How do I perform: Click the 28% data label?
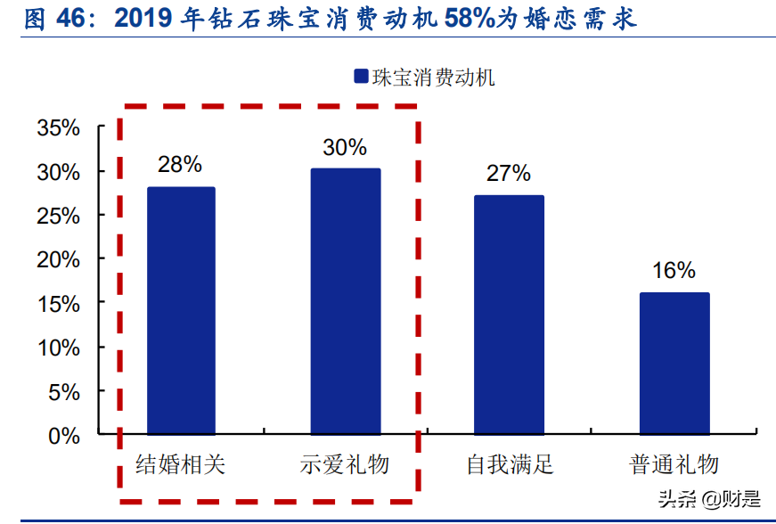pos(180,165)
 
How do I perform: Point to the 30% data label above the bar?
pos(345,147)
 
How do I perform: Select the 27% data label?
pos(509,174)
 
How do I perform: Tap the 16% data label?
pos(674,271)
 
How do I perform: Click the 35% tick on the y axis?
pos(59,127)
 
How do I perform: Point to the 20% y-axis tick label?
pos(59,259)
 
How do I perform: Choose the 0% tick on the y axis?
pos(65,436)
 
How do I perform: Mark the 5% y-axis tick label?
pos(65,392)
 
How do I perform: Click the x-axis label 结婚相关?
pos(181,464)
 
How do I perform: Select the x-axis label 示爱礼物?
pos(345,464)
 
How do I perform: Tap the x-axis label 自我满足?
pos(510,464)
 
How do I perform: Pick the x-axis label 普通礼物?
pos(674,464)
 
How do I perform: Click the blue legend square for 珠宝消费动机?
pos(361,78)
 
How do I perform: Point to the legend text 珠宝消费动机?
pos(433,78)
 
